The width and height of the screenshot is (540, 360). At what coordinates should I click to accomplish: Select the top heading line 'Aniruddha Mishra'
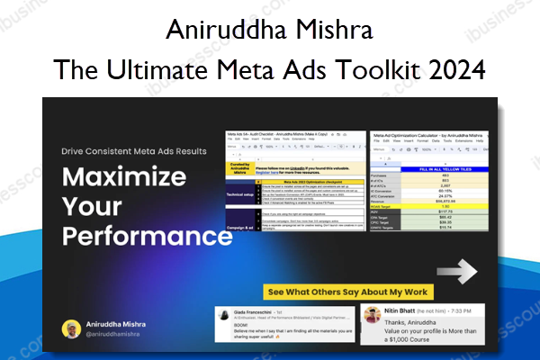[x=269, y=37]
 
